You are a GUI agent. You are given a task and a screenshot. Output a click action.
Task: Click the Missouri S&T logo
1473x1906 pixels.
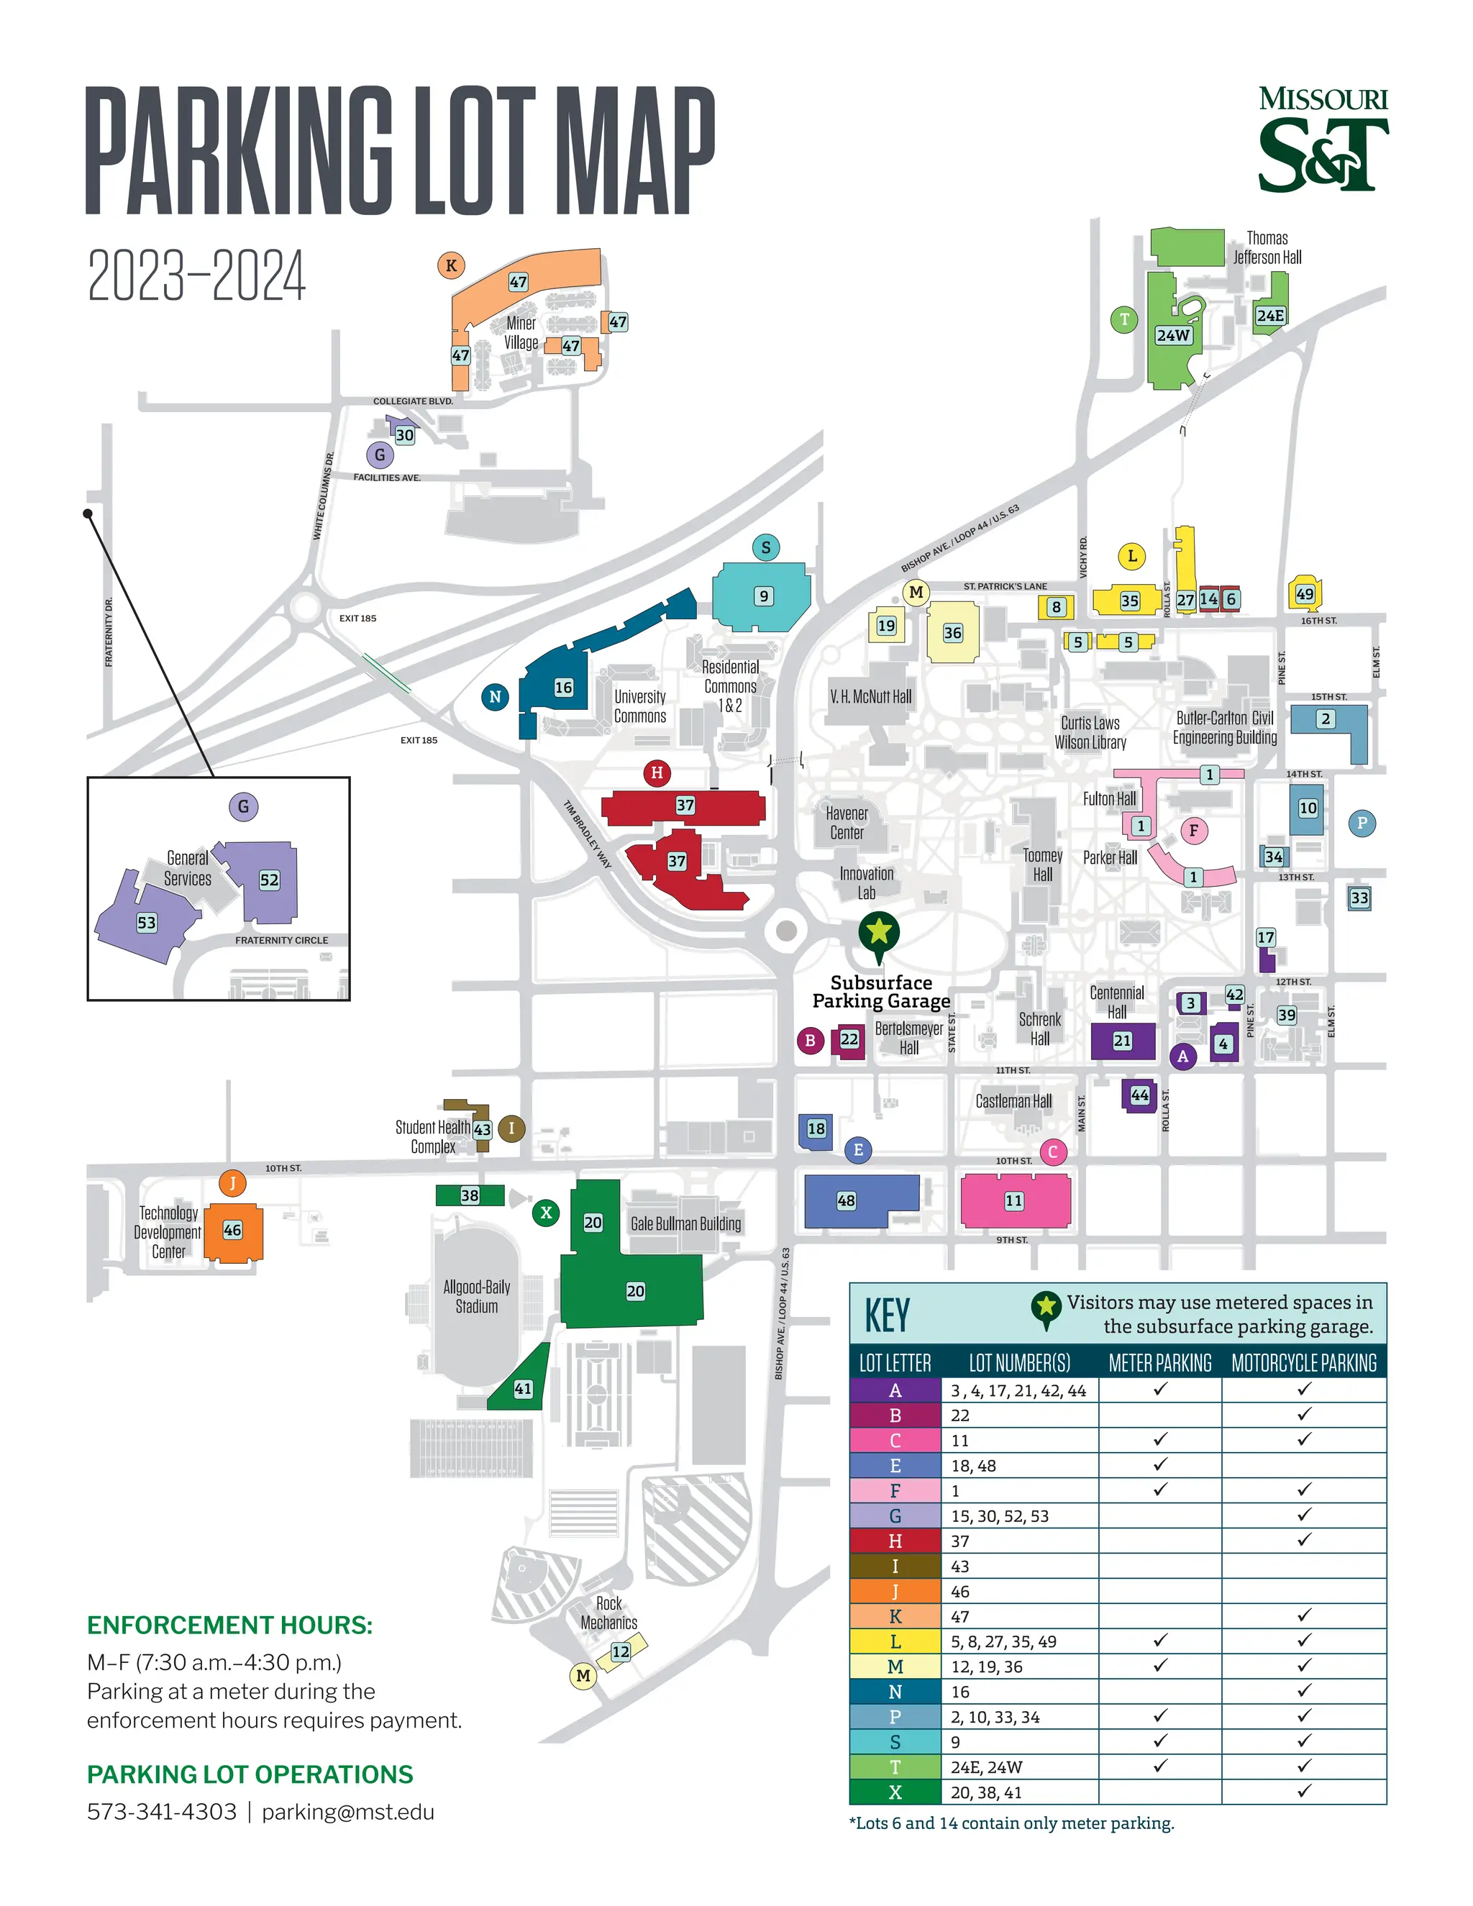pyautogui.click(x=1322, y=140)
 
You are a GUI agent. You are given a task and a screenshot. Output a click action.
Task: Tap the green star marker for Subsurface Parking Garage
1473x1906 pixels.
pyautogui.click(x=879, y=932)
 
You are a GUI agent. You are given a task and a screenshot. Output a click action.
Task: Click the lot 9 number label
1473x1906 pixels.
pyautogui.click(x=764, y=596)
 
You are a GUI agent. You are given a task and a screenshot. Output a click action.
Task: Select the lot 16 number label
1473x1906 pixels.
pyautogui.click(x=564, y=688)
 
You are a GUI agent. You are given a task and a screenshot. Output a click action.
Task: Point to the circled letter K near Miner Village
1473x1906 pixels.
pyautogui.click(x=451, y=265)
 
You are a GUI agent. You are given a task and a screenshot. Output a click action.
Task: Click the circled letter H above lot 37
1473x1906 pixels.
pyautogui.click(x=657, y=772)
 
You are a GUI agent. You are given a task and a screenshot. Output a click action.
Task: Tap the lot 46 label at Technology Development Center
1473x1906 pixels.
pyautogui.click(x=232, y=1230)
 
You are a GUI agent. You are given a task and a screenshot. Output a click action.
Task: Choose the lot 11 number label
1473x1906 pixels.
pyautogui.click(x=1013, y=1201)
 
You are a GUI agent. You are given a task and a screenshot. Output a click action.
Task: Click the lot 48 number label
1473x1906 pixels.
pyautogui.click(x=846, y=1201)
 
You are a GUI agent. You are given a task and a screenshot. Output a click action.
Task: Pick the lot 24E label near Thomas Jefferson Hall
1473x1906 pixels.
pyautogui.click(x=1269, y=316)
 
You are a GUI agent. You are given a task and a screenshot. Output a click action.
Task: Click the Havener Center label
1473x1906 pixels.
pyautogui.click(x=847, y=823)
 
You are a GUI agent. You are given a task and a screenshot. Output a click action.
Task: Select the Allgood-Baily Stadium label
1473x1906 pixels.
pyautogui.click(x=476, y=1296)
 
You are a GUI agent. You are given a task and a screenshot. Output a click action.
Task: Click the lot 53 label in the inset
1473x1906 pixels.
pyautogui.click(x=147, y=923)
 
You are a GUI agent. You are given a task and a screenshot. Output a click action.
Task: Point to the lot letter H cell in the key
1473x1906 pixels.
pyautogui.click(x=895, y=1541)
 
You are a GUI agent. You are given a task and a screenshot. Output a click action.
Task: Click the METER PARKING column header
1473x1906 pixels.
pyautogui.click(x=1159, y=1363)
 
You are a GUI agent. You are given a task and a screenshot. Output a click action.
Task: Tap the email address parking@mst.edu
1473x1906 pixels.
pyautogui.click(x=347, y=1812)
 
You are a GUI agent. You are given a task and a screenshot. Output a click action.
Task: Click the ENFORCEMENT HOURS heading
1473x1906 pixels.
pyautogui.click(x=229, y=1625)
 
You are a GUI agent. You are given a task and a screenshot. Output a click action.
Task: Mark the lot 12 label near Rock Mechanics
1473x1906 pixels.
pyautogui.click(x=621, y=1651)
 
